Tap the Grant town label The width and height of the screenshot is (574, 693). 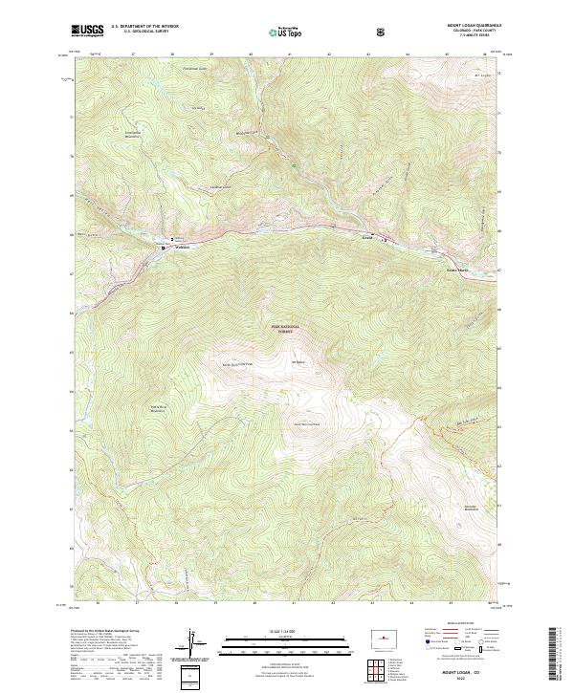[x=366, y=233]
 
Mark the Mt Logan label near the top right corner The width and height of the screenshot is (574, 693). [x=480, y=75]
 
